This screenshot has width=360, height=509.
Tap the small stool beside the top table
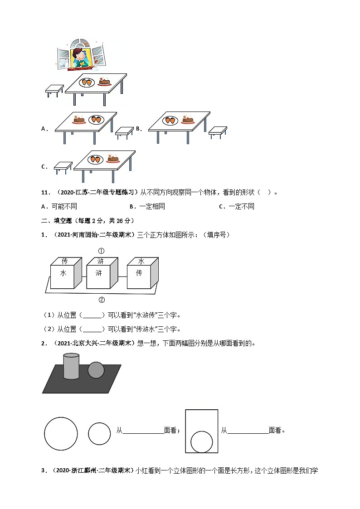54,90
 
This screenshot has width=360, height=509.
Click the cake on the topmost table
105,82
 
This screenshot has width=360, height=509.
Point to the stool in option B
217,131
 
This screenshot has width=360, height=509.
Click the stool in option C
63,167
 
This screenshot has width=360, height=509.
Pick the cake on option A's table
79,120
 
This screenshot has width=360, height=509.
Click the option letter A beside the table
44,129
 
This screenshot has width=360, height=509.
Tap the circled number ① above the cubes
102,251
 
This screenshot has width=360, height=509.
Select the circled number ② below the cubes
102,300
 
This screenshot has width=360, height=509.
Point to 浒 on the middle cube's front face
98,273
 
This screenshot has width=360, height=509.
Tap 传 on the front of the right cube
139,273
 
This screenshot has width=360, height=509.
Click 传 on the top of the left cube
64,262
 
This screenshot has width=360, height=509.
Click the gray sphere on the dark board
96,370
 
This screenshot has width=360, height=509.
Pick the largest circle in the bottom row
61,433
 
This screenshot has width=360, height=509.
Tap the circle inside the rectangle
201,442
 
